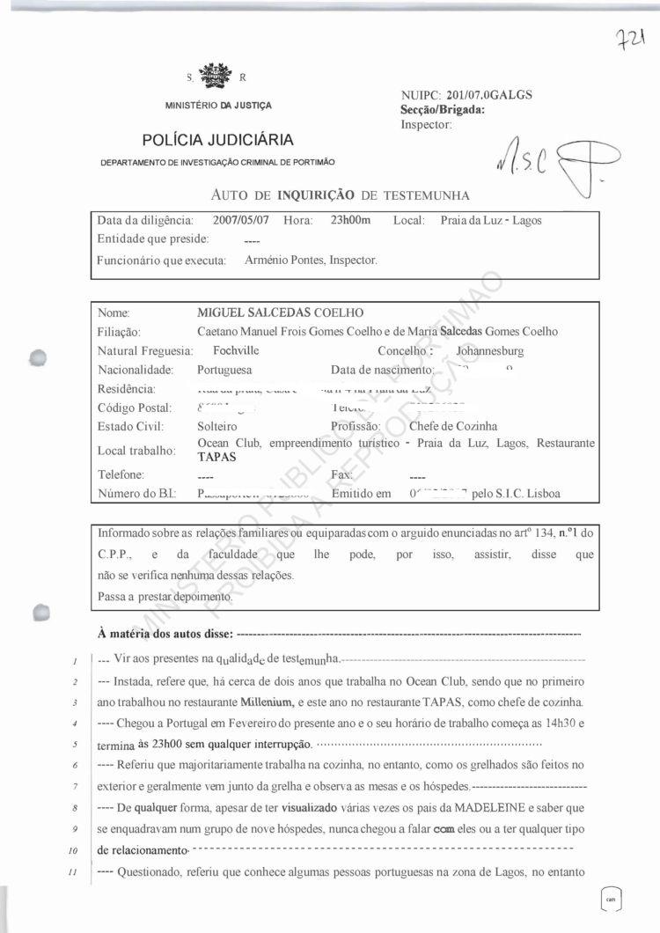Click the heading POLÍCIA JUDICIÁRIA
217,140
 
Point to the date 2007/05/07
243,220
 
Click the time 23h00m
350,220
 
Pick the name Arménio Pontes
283,260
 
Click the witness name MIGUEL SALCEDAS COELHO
281,312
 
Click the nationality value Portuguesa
224,370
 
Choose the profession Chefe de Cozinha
453,426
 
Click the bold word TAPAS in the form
216,457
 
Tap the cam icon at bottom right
610,899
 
